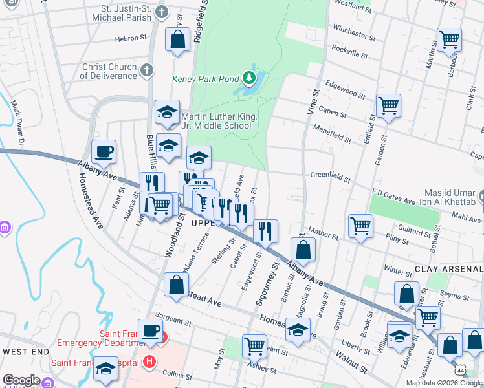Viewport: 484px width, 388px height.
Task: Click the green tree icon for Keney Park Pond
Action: [249, 79]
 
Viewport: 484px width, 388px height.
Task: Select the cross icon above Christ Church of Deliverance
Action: [147, 69]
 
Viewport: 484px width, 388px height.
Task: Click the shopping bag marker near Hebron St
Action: [177, 41]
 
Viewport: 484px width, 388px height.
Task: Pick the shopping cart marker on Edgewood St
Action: [388, 105]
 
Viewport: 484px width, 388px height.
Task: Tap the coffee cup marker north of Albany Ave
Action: [104, 153]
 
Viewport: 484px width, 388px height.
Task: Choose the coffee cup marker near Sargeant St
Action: [150, 330]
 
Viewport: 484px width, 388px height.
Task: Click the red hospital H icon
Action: [150, 361]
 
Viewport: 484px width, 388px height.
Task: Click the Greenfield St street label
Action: [330, 175]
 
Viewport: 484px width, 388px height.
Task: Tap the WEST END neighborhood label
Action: [26, 351]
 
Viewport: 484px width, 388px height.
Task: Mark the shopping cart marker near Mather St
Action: [360, 226]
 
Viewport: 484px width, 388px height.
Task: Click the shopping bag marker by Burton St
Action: [302, 249]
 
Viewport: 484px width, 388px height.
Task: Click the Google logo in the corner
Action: [21, 380]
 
